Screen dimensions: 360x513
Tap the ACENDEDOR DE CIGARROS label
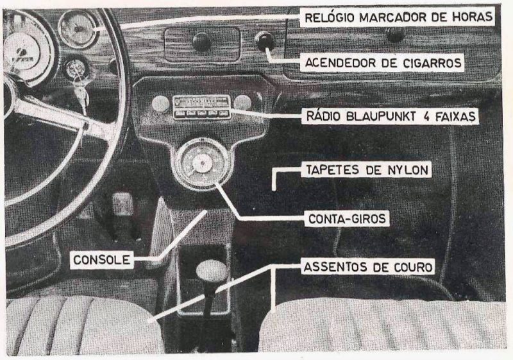tap(383, 62)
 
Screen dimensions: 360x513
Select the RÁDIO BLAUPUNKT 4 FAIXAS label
tap(390, 117)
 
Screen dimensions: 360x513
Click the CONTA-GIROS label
tap(346, 219)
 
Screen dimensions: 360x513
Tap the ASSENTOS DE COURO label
tap(367, 266)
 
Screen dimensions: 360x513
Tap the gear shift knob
tap(212, 272)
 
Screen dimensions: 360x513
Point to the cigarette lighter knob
tap(264, 42)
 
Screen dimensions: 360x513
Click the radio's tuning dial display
tap(201, 101)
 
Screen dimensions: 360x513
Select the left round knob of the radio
tap(160, 103)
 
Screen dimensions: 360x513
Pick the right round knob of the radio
tap(242, 102)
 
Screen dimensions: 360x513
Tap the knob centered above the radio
tap(201, 42)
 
